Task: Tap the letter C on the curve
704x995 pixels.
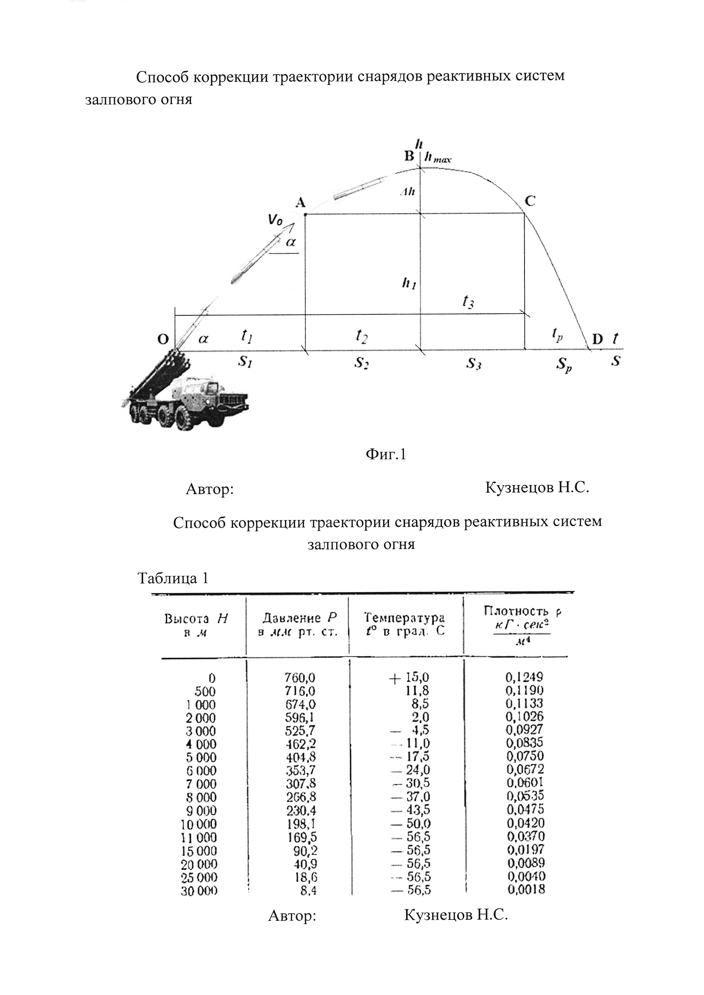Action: pyautogui.click(x=530, y=201)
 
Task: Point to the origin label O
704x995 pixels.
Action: pyautogui.click(x=163, y=339)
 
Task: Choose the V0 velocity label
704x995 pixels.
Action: pyautogui.click(x=275, y=220)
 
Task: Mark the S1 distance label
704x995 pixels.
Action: pyautogui.click(x=245, y=362)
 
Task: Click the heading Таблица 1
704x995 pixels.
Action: pyautogui.click(x=173, y=578)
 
